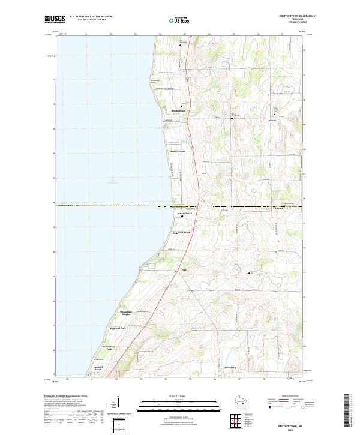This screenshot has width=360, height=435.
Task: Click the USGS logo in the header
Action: pos(55,19)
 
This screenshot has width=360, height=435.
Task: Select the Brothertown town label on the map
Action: pos(178,110)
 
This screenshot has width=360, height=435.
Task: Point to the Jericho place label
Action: pos(274,120)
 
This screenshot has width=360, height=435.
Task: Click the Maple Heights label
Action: pos(177,151)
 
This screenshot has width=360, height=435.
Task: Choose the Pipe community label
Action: pos(184,271)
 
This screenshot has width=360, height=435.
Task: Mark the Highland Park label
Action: pos(118,328)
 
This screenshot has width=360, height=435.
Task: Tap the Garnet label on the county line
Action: pos(279,209)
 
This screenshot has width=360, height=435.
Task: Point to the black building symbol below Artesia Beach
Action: pos(182,217)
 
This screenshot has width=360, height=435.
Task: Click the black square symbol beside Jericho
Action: pos(275,114)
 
